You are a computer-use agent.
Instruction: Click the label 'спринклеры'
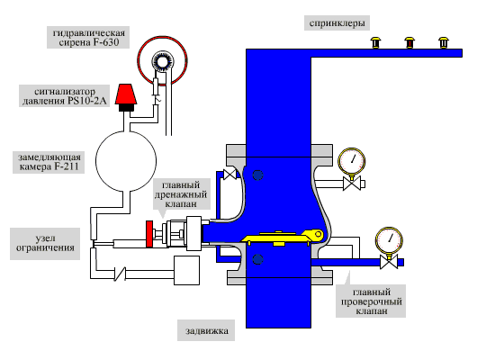(x=337, y=23)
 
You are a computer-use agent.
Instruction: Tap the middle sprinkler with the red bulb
(x=409, y=42)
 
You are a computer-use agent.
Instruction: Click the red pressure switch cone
(x=126, y=94)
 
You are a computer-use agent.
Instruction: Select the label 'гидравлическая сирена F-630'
(x=88, y=37)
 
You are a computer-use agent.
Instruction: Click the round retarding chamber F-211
(x=126, y=161)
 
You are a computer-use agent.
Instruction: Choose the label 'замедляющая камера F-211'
(x=49, y=162)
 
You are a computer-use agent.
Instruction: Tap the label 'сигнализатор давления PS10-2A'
(x=65, y=96)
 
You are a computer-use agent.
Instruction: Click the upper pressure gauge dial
(x=352, y=160)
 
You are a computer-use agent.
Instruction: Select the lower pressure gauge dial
(x=389, y=240)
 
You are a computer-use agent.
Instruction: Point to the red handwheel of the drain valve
(x=149, y=234)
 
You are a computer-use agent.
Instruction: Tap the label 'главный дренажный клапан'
(x=181, y=194)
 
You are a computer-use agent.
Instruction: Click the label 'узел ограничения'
(x=45, y=243)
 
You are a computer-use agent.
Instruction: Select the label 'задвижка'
(x=207, y=330)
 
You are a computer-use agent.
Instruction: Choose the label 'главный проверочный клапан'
(x=371, y=301)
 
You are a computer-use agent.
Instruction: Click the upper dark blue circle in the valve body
(x=258, y=175)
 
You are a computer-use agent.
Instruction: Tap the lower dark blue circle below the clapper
(x=258, y=259)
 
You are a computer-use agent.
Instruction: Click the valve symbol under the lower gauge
(x=389, y=262)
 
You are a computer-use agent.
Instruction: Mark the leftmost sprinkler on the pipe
(x=375, y=42)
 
